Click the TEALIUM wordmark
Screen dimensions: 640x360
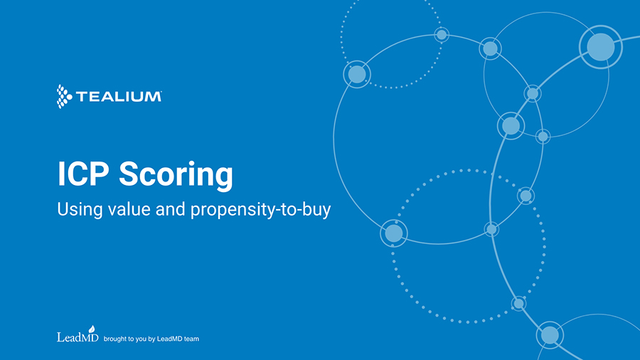(x=118, y=97)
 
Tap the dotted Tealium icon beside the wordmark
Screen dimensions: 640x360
(x=64, y=97)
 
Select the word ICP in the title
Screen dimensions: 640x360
(x=83, y=174)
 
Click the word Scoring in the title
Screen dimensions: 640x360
(x=176, y=176)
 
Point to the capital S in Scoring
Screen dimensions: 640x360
(x=128, y=174)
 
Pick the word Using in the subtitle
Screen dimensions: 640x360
(x=80, y=210)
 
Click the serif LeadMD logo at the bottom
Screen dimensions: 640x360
(x=78, y=334)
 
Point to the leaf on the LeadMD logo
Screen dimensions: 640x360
(x=92, y=329)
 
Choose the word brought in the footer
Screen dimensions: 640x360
(x=114, y=339)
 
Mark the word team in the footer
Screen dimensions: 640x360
(x=191, y=339)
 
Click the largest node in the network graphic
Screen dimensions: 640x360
(x=601, y=47)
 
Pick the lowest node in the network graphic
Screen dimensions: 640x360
(x=550, y=335)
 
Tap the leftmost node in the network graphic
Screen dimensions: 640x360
(x=357, y=74)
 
